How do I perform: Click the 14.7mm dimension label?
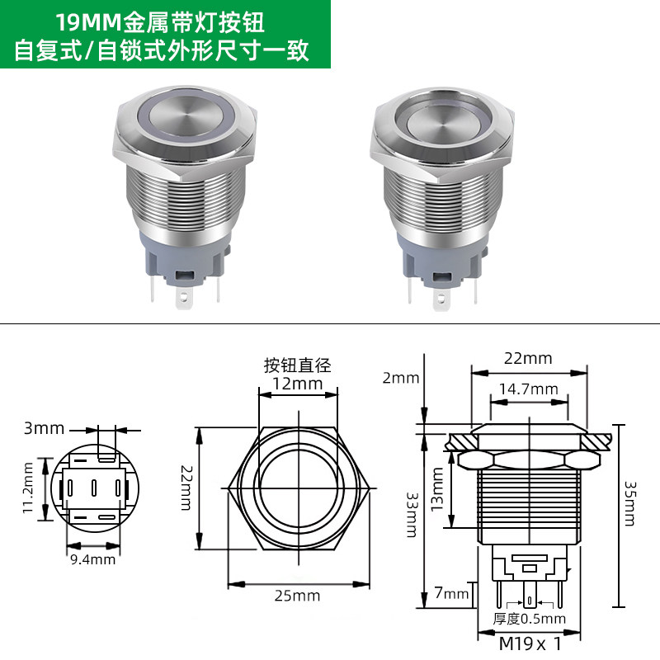click(x=529, y=389)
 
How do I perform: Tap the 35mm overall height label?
click(x=629, y=504)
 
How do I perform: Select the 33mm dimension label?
click(x=411, y=515)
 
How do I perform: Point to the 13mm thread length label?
click(x=436, y=489)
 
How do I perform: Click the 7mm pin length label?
click(x=451, y=593)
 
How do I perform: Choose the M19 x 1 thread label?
click(x=530, y=643)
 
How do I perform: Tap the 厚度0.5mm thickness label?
click(x=529, y=618)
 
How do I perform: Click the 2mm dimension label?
click(x=401, y=378)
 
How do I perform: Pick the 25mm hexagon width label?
click(x=297, y=596)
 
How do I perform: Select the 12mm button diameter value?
click(x=297, y=384)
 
